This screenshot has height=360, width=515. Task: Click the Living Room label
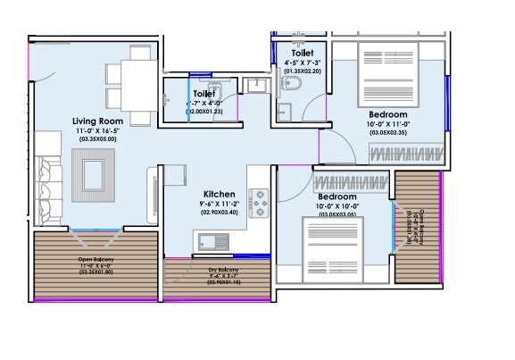pyautogui.click(x=98, y=120)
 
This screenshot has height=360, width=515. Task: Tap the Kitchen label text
pyautogui.click(x=219, y=194)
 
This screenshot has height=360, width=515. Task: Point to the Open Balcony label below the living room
pyautogui.click(x=96, y=260)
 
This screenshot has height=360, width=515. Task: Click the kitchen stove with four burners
pyautogui.click(x=260, y=203)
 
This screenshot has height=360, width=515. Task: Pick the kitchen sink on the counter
pyautogui.click(x=210, y=240)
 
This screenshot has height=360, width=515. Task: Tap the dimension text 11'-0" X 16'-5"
pyautogui.click(x=98, y=130)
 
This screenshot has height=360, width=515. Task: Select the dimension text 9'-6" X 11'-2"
pyautogui.click(x=219, y=204)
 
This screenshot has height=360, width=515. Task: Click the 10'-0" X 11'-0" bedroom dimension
pyautogui.click(x=388, y=125)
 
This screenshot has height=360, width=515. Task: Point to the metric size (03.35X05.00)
pyautogui.click(x=98, y=140)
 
